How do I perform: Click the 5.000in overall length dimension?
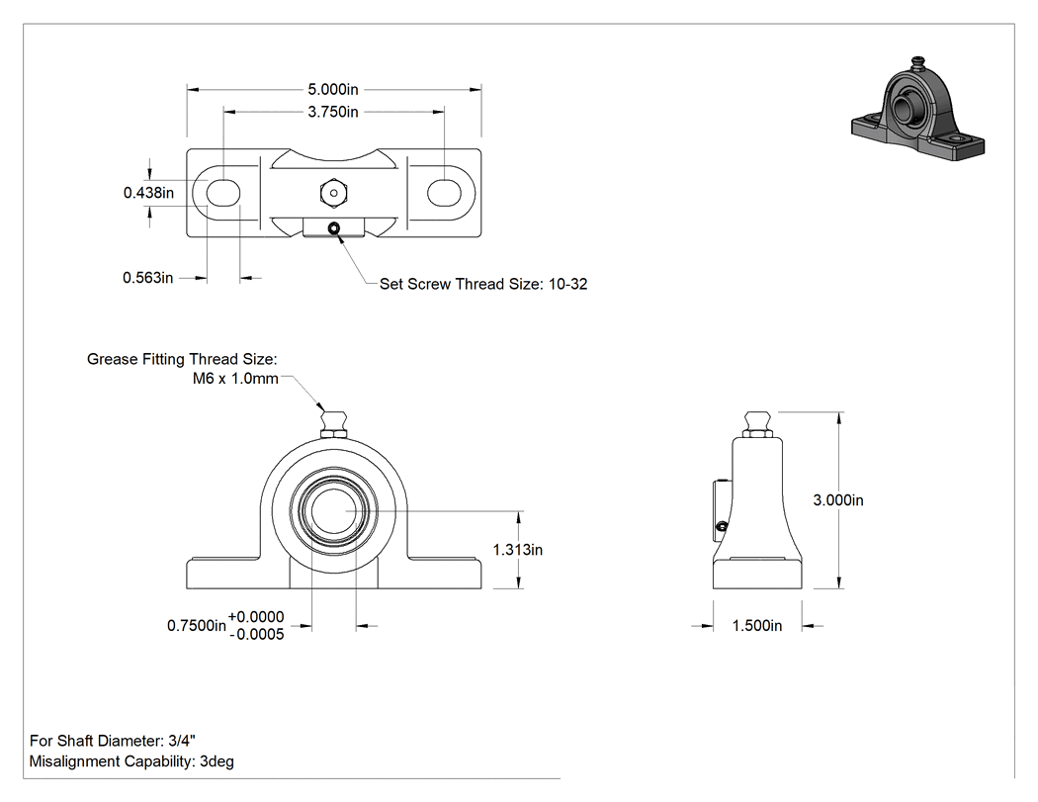tap(333, 89)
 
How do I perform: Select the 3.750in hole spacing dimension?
tap(333, 112)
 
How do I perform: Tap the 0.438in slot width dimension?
tap(149, 193)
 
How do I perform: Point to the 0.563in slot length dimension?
tap(147, 278)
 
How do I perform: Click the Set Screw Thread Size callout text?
tap(483, 284)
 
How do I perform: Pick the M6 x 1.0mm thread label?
tap(235, 379)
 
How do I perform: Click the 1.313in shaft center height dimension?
tap(518, 550)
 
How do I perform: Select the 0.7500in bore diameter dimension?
tap(197, 626)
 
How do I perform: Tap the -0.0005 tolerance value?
tap(256, 635)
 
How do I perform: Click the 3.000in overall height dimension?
tap(838, 500)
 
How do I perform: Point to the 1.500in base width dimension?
tap(756, 626)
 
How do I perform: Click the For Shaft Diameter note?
tap(113, 741)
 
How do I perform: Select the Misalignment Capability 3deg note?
tap(131, 761)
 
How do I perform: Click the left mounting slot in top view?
tap(223, 193)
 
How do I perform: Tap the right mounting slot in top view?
tap(444, 193)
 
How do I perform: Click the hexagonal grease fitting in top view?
tap(334, 193)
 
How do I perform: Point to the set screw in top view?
tap(334, 228)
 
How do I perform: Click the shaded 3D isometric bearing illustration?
tap(917, 111)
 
